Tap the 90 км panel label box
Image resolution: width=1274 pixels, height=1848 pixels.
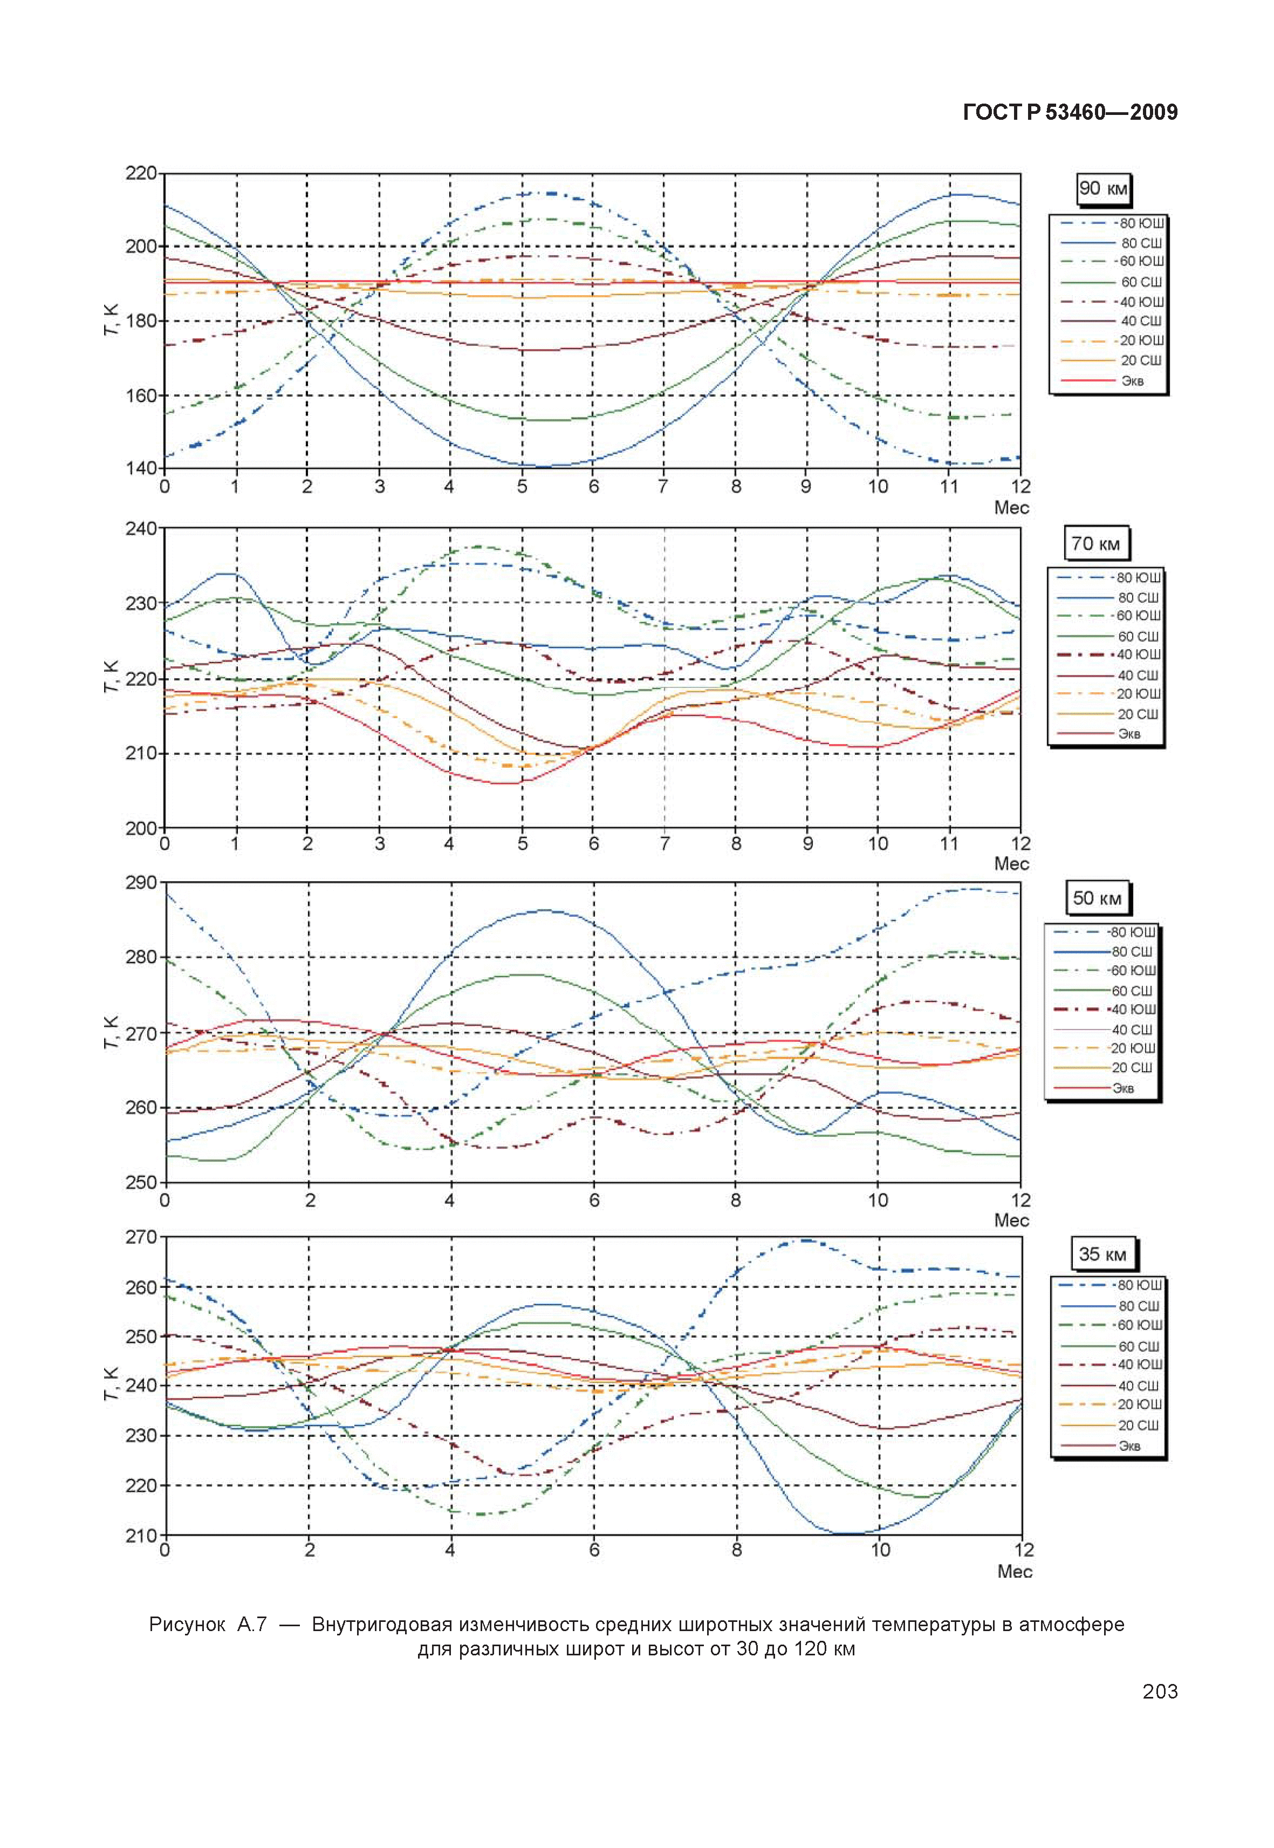click(1102, 189)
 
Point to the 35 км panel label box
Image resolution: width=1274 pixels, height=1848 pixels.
click(1102, 1254)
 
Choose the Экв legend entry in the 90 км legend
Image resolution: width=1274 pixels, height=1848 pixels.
click(1132, 381)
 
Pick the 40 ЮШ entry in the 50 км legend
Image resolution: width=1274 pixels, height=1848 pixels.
click(1133, 1010)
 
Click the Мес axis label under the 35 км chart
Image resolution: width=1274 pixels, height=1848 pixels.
click(1014, 1572)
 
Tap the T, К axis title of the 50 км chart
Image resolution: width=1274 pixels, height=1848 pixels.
click(111, 1033)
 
